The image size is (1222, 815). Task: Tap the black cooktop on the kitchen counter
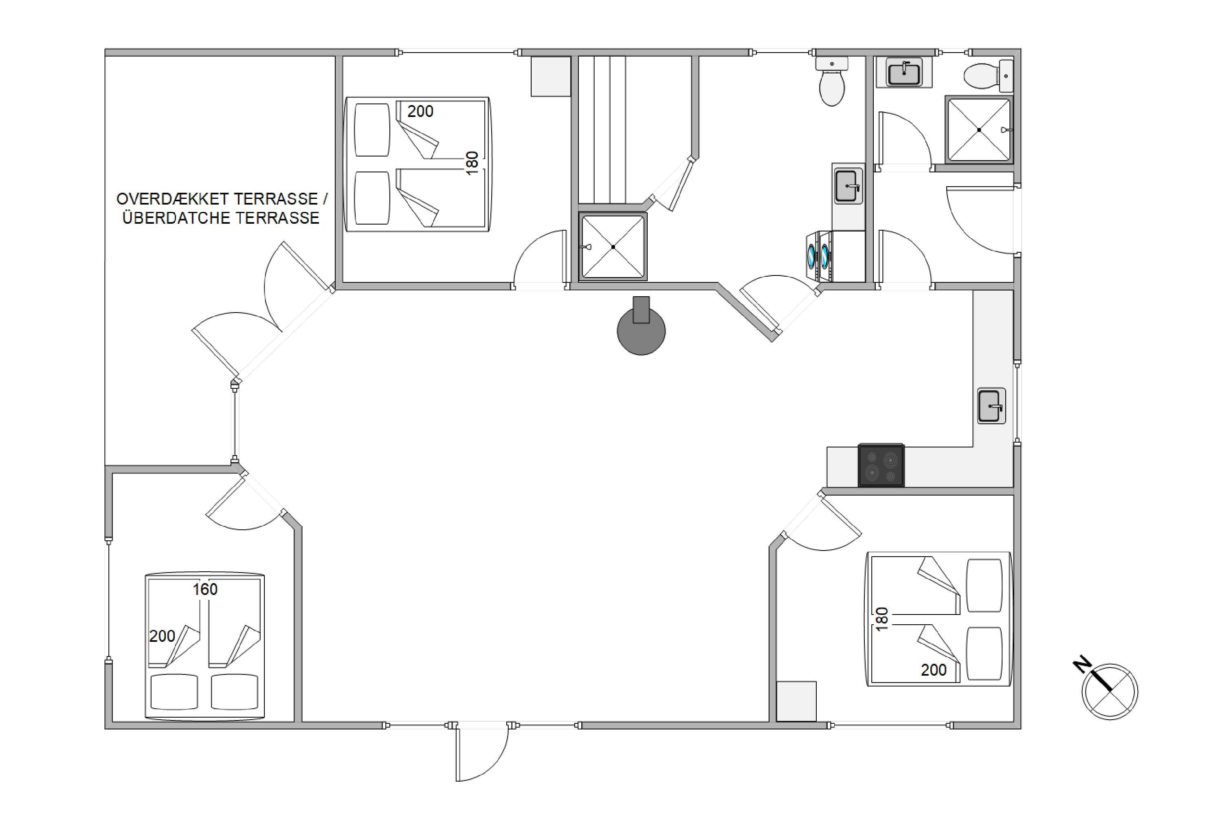tap(881, 465)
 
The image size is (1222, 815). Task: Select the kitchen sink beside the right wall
tap(991, 406)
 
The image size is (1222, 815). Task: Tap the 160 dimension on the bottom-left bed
tap(205, 589)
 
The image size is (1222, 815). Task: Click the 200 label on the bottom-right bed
tap(934, 670)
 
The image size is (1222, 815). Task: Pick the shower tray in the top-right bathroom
tap(979, 130)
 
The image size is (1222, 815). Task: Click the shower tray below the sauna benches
tap(613, 247)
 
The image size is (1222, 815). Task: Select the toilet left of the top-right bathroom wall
tap(832, 81)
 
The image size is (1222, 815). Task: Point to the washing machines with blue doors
tap(818, 256)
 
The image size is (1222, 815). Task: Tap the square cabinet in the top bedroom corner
tap(551, 77)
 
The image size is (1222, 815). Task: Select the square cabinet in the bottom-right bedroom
tap(796, 702)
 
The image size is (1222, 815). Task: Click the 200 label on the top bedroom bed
tap(420, 111)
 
